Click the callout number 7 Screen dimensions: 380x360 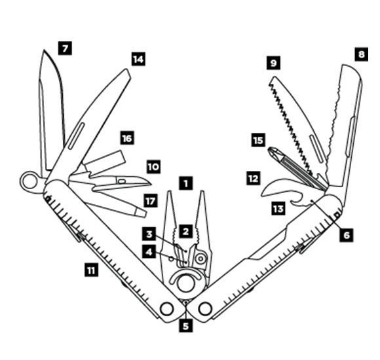pyautogui.click(x=65, y=48)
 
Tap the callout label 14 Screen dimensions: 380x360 pyautogui.click(x=138, y=59)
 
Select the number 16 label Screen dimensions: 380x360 pyautogui.click(x=127, y=138)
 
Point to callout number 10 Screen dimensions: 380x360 pyautogui.click(x=153, y=167)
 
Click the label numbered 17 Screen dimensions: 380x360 pyautogui.click(x=150, y=201)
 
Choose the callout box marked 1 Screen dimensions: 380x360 pyautogui.click(x=186, y=183)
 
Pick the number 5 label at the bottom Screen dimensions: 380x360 pyautogui.click(x=185, y=325)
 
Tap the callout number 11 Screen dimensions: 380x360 pyautogui.click(x=91, y=270)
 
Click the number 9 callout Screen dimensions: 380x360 pyautogui.click(x=273, y=63)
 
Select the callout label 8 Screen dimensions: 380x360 pyautogui.click(x=362, y=54)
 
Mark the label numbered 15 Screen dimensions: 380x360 pyautogui.click(x=258, y=140)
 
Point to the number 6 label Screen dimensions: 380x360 pyautogui.click(x=347, y=234)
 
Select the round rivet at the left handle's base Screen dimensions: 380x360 pyautogui.click(x=166, y=309)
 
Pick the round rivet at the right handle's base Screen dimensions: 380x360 pyautogui.click(x=205, y=309)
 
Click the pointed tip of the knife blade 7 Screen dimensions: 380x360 pyautogui.click(x=44, y=50)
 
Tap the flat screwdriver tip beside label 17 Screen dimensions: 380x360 pyautogui.click(x=141, y=213)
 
